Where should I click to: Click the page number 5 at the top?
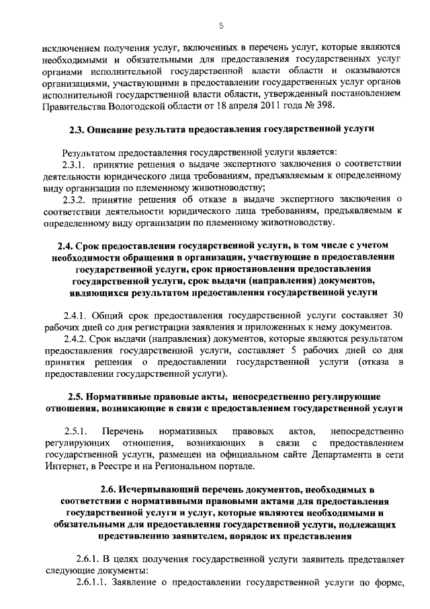tap(220, 26)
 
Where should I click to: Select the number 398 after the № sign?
tap(331, 106)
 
